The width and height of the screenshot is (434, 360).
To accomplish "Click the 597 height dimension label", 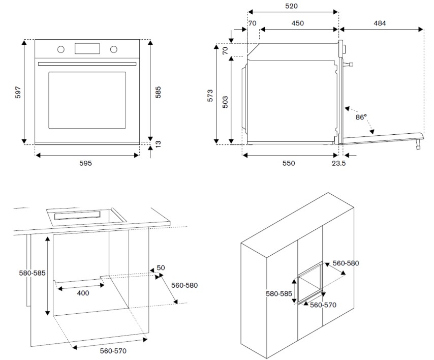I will click(17, 92).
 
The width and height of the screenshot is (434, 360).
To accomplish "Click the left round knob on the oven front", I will click(61, 49).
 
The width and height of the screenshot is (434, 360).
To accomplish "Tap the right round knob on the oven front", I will click(113, 49).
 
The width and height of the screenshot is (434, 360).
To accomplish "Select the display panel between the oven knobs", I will click(87, 48).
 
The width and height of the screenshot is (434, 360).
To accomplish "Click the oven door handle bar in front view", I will click(87, 64).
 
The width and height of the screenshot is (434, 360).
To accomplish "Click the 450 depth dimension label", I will click(297, 23).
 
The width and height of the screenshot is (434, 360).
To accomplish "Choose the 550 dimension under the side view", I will click(288, 163).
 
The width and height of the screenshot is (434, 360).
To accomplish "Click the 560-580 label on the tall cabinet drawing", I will click(346, 263).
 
